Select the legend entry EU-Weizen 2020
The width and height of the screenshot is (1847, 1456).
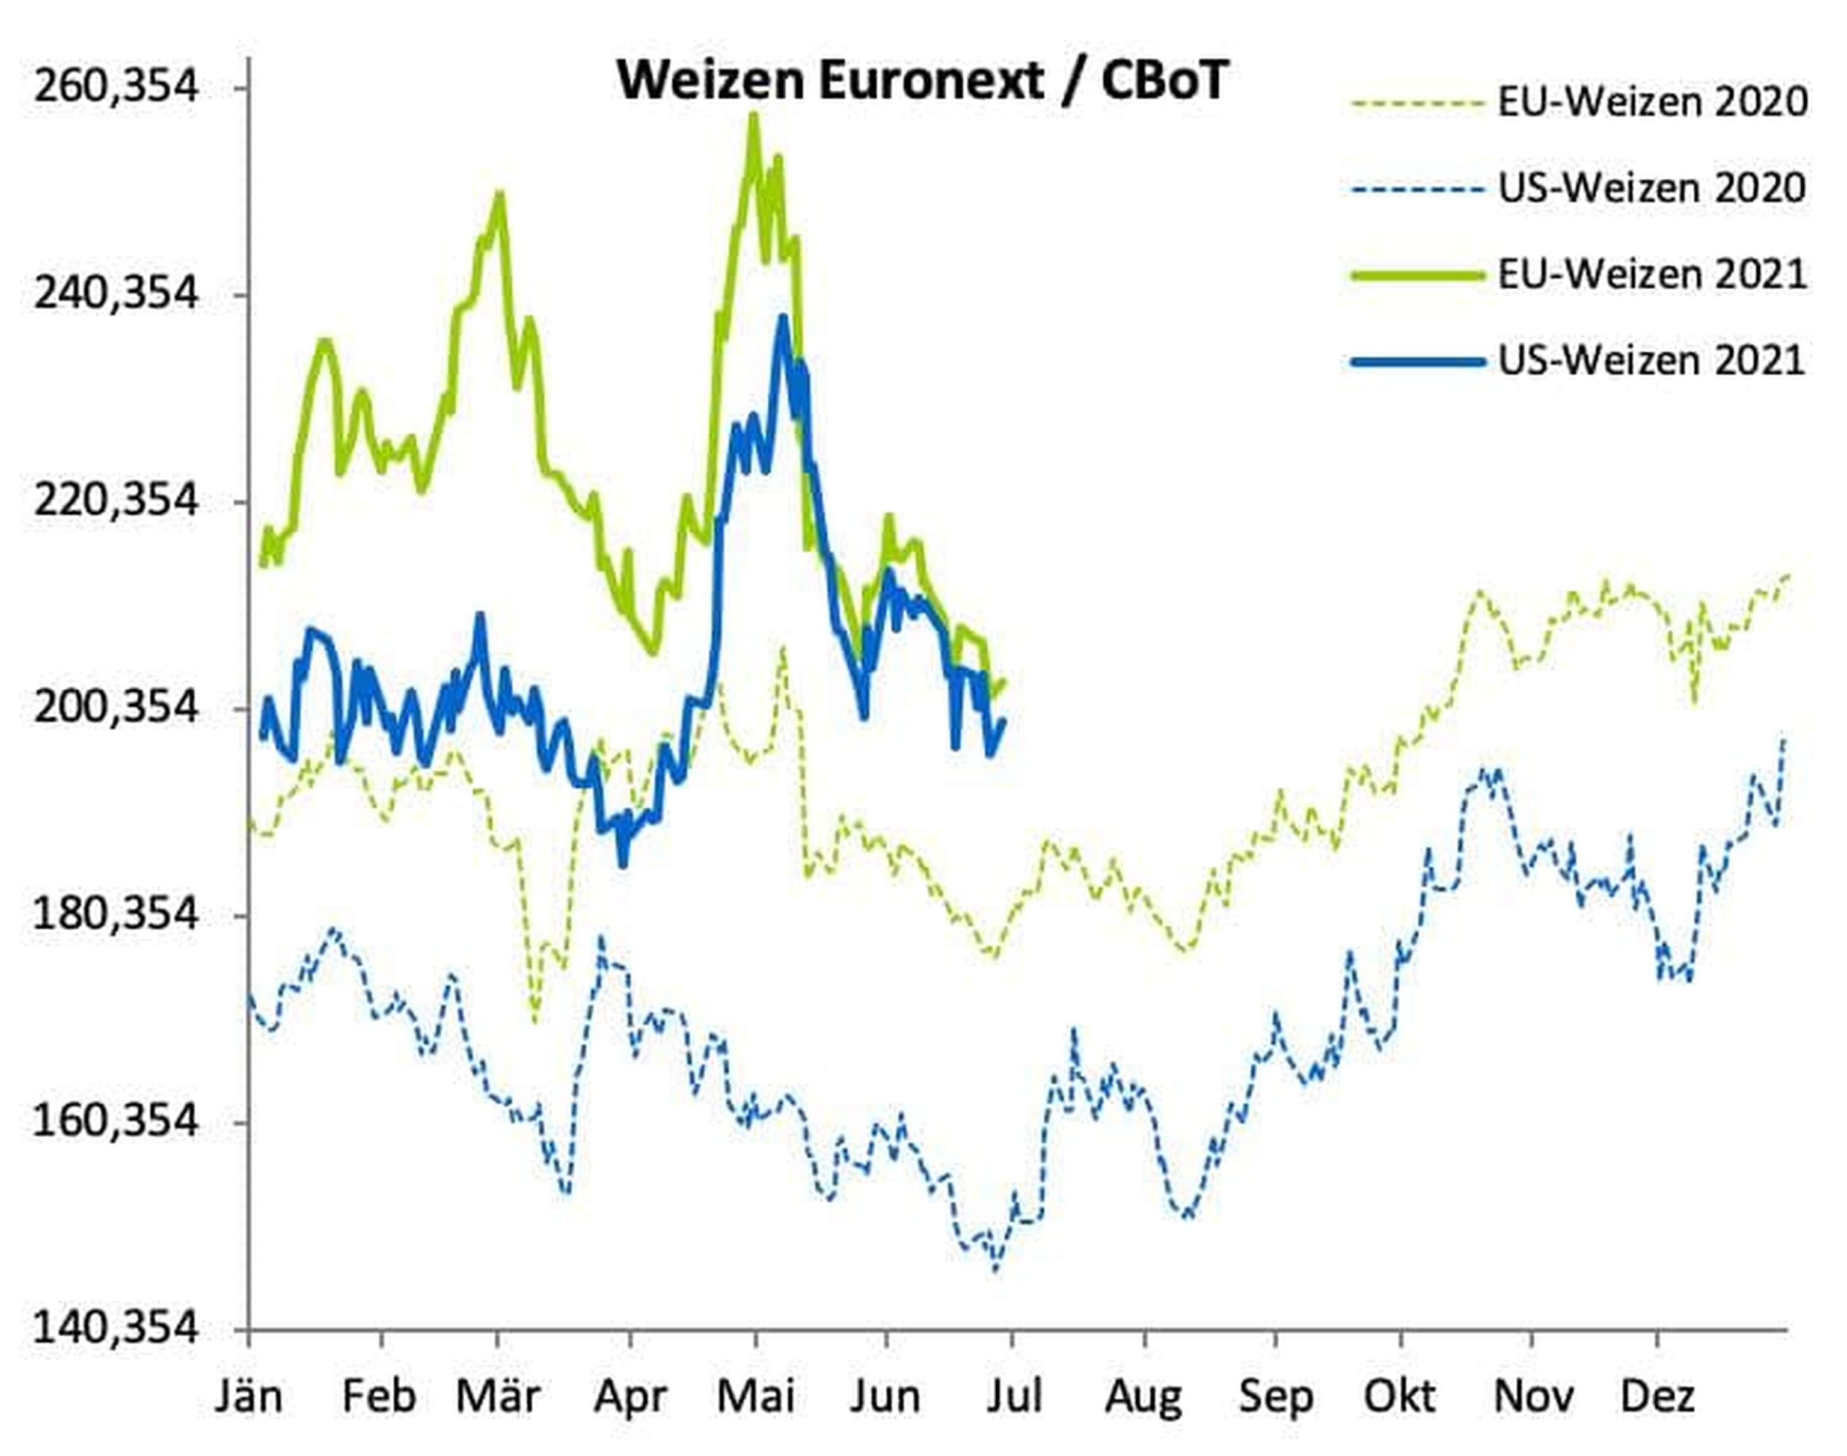(1652, 102)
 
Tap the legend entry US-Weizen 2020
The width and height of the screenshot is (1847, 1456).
(1652, 188)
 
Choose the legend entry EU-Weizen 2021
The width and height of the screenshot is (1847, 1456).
(1652, 274)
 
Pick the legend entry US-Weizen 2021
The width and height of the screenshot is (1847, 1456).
(1652, 361)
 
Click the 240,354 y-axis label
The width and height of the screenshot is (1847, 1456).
(115, 294)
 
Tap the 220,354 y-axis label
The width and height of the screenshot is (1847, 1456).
(115, 500)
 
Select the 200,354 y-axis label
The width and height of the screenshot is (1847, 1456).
(115, 707)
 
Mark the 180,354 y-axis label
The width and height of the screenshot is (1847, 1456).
(115, 915)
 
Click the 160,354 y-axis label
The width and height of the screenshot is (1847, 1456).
(115, 1121)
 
